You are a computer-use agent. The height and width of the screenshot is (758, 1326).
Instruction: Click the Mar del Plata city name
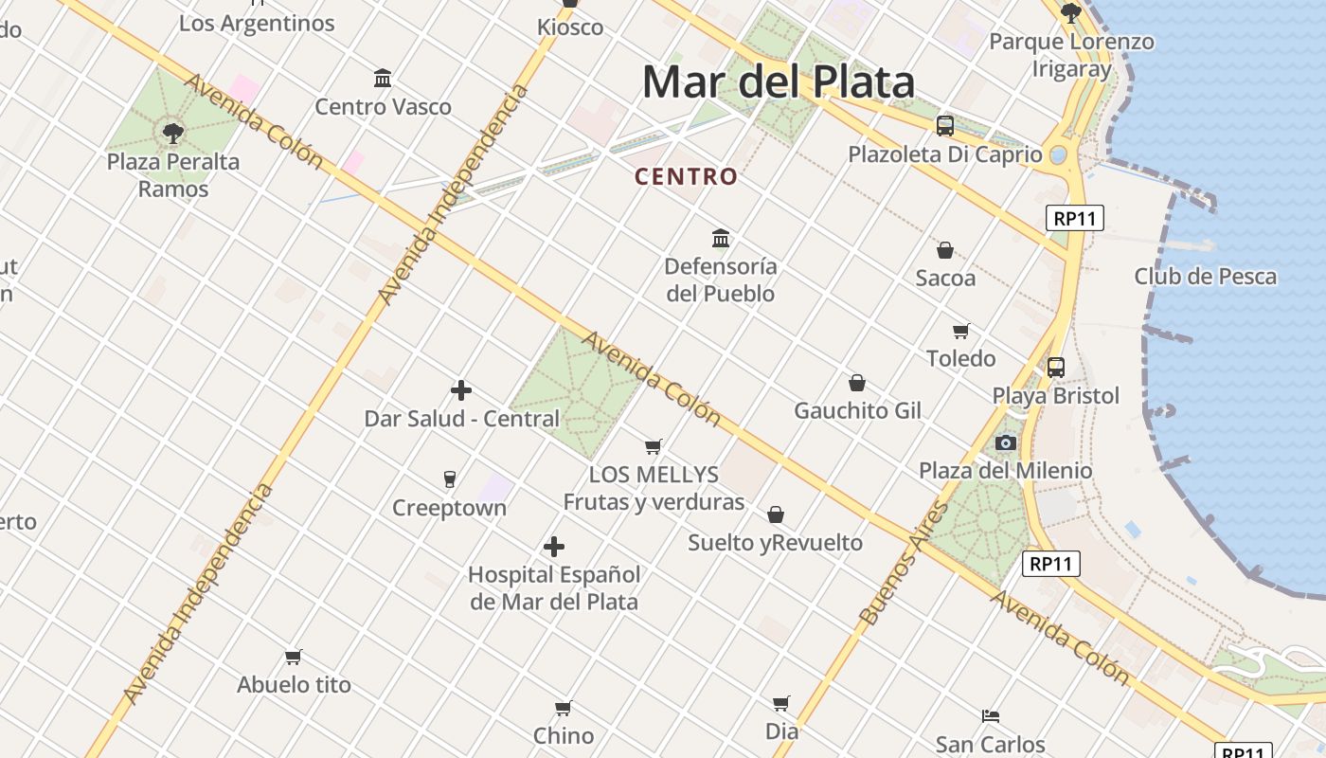[779, 82]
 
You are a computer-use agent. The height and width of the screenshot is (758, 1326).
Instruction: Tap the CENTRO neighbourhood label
[686, 176]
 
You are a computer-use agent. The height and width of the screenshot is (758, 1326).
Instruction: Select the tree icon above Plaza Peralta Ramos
[172, 133]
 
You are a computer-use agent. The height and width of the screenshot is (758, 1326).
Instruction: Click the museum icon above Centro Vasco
[383, 78]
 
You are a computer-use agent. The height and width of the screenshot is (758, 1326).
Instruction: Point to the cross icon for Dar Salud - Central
[461, 389]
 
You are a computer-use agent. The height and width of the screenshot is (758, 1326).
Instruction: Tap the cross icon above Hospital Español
[554, 546]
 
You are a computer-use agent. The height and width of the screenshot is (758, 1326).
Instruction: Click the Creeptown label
[449, 508]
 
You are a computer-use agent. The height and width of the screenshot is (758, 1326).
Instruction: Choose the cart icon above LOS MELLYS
[653, 446]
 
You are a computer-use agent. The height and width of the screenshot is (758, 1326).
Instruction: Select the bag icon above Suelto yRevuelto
[776, 514]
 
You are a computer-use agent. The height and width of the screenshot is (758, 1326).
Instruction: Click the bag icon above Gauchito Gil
[857, 383]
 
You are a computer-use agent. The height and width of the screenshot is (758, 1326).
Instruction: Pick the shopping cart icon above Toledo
[961, 331]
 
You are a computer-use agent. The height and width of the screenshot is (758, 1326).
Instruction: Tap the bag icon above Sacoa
[945, 250]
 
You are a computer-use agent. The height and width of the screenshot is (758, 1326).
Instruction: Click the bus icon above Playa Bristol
[1056, 368]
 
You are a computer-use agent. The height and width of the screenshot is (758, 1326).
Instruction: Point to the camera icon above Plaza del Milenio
[1006, 442]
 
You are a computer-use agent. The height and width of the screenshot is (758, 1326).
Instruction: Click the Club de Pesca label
[1206, 277]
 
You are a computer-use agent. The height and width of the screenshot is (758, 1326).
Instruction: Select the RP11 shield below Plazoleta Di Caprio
[1075, 218]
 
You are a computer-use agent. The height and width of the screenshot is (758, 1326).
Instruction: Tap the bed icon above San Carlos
[991, 715]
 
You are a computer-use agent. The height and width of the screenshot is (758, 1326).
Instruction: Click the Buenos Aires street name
[904, 563]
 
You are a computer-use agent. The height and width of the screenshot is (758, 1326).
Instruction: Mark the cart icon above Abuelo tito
[294, 657]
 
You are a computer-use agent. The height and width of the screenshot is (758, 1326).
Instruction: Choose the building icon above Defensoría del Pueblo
[721, 237]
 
